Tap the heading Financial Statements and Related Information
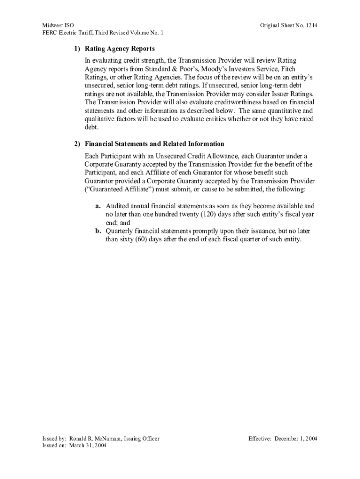pos(154,144)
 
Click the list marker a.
pos(98,206)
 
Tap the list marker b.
pos(98,231)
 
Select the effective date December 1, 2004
pos(296,438)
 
